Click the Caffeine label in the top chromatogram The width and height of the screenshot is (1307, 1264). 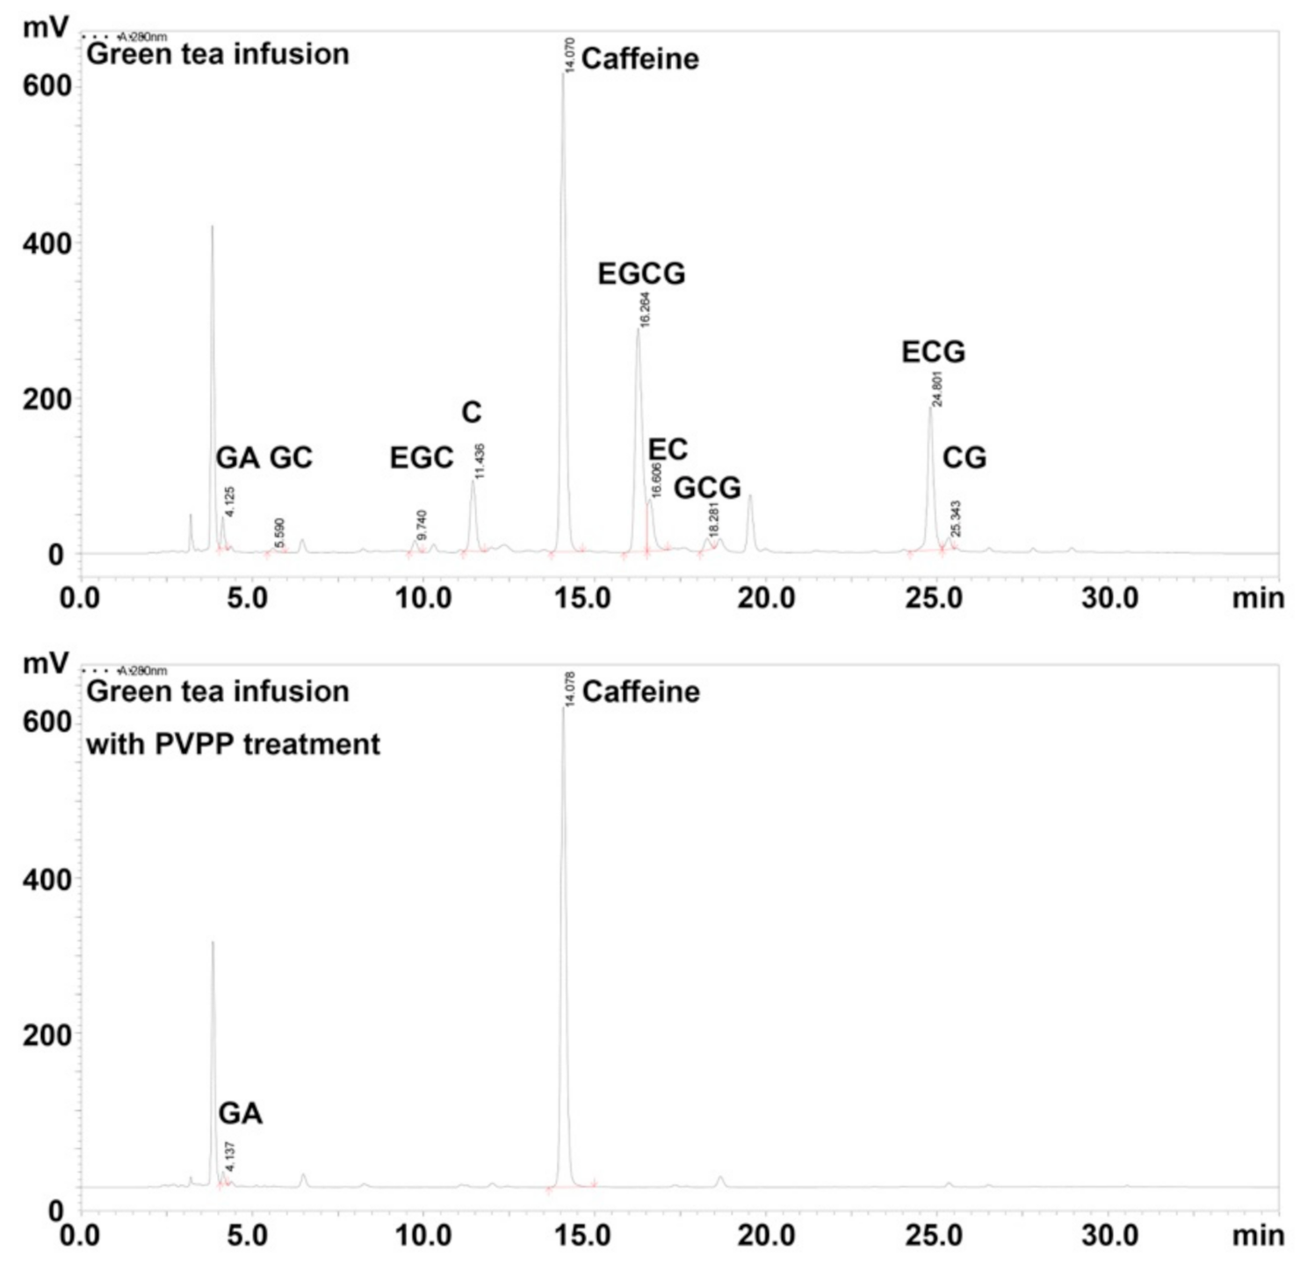[x=639, y=59]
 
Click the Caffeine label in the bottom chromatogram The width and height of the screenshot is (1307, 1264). [x=640, y=692]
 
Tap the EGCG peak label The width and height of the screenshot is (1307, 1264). [x=641, y=274]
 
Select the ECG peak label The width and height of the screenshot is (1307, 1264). [x=933, y=352]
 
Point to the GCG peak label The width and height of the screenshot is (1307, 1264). [x=707, y=487]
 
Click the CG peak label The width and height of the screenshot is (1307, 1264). [x=964, y=458]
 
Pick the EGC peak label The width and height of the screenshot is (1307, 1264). [x=422, y=458]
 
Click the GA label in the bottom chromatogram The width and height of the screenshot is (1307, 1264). [x=240, y=1114]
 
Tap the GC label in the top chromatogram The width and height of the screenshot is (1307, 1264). [x=291, y=458]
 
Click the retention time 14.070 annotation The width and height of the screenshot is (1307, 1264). [x=569, y=55]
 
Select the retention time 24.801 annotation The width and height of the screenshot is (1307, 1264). [x=937, y=389]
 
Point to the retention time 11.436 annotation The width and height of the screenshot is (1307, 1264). [x=480, y=461]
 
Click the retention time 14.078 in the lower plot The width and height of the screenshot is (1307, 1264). [x=569, y=689]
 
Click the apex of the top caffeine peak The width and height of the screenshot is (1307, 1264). [x=563, y=75]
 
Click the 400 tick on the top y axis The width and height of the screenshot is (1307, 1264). [x=47, y=243]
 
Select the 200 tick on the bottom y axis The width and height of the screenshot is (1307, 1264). [x=47, y=1036]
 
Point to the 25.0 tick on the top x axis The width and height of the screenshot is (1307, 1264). [x=934, y=599]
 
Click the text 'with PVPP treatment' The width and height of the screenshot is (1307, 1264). [x=233, y=745]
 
